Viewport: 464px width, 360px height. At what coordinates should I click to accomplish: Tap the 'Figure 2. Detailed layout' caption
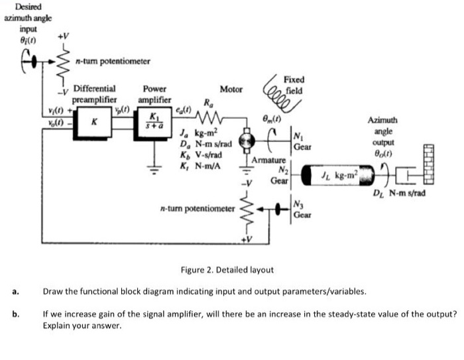[x=227, y=270]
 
